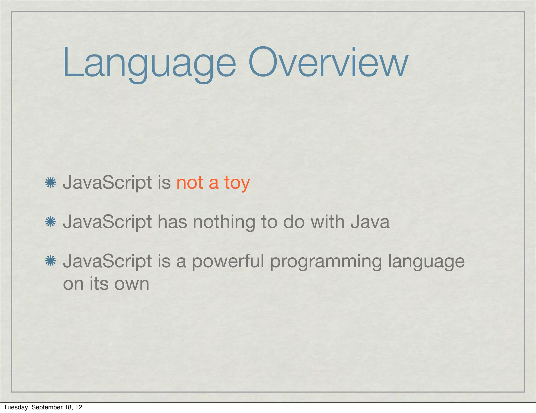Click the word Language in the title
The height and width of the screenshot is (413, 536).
pyautogui.click(x=149, y=63)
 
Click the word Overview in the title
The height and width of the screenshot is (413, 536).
pyautogui.click(x=328, y=63)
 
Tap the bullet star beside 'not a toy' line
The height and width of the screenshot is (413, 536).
pyautogui.click(x=51, y=182)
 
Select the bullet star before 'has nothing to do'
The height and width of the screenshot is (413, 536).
pyautogui.click(x=51, y=222)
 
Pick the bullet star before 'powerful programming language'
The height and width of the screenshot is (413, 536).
pyautogui.click(x=51, y=261)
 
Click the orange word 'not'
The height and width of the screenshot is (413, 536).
pyautogui.click(x=190, y=183)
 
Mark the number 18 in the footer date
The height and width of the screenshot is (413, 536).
pyautogui.click(x=69, y=407)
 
